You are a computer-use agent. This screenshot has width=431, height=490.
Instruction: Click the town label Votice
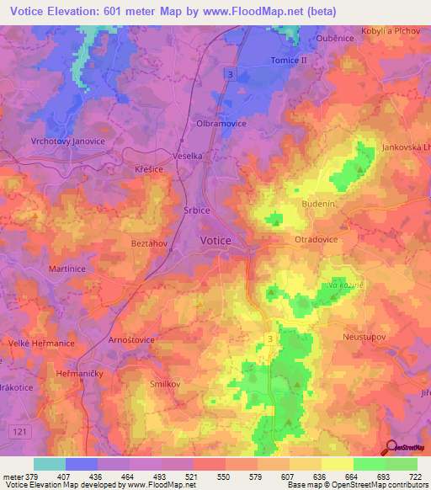[219, 241]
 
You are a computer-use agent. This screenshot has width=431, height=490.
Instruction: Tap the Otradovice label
[316, 240]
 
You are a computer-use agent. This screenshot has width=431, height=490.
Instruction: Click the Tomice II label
[290, 61]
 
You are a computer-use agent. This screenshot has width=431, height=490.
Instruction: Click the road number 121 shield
[17, 431]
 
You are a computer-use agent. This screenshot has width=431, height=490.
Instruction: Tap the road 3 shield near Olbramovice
[230, 75]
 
